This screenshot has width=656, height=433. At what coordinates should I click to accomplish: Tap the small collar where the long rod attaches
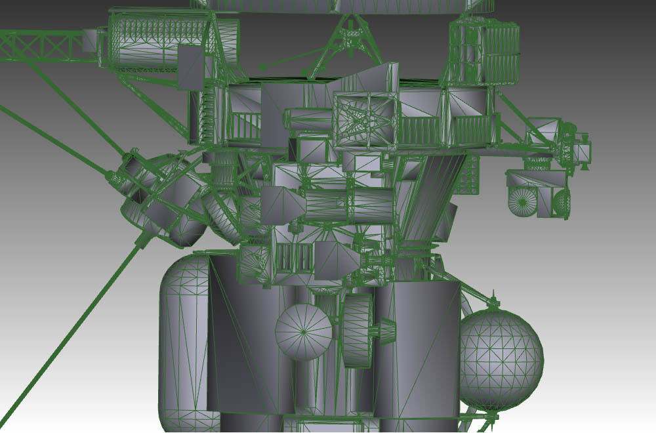click(x=141, y=241)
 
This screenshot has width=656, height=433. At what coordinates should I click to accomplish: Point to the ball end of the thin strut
click(x=263, y=67)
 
